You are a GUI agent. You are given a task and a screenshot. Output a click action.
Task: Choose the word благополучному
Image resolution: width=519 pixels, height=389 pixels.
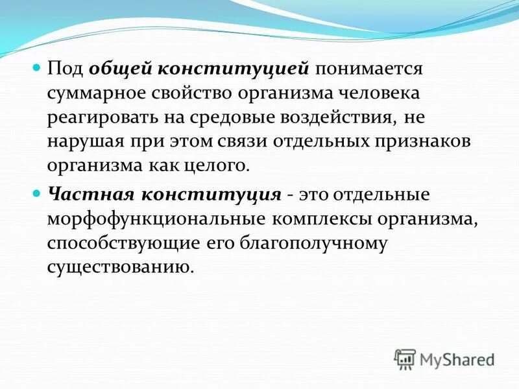click(314, 243)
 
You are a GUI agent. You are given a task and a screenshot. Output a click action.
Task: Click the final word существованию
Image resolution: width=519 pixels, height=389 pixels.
click(120, 267)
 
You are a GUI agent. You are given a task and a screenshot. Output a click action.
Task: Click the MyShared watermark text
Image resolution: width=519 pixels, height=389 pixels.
click(457, 359)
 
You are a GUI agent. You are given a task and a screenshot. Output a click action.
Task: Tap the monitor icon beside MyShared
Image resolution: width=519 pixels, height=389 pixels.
click(405, 359)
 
